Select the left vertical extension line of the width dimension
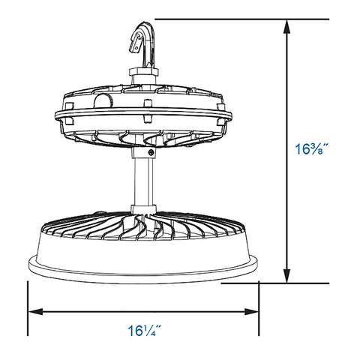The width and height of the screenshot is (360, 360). [x=28, y=307]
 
